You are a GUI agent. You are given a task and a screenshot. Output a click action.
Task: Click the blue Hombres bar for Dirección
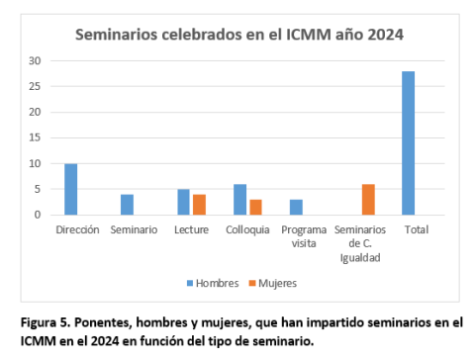click(71, 189)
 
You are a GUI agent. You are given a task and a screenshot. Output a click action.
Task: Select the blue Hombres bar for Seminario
click(127, 205)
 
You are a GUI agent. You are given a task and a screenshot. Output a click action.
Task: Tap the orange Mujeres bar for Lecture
click(198, 205)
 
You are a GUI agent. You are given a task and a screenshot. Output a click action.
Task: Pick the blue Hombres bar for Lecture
click(183, 202)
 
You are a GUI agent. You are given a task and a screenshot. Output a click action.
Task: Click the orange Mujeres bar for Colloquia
click(255, 207)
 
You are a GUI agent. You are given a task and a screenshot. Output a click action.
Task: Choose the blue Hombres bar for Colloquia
click(239, 199)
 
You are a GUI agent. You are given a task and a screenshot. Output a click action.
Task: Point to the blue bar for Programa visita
click(296, 207)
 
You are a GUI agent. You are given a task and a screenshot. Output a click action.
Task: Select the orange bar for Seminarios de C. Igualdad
click(368, 199)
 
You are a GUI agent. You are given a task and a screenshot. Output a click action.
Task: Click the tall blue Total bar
click(409, 142)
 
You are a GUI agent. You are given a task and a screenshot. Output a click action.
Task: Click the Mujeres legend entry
click(274, 282)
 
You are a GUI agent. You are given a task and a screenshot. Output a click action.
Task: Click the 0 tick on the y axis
click(39, 215)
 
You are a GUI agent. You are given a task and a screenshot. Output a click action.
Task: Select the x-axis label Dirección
click(77, 228)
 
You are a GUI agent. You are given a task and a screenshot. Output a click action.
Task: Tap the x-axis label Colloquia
click(246, 228)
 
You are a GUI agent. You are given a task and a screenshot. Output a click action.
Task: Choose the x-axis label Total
click(416, 228)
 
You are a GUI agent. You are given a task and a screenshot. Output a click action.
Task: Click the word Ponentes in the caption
click(105, 322)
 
